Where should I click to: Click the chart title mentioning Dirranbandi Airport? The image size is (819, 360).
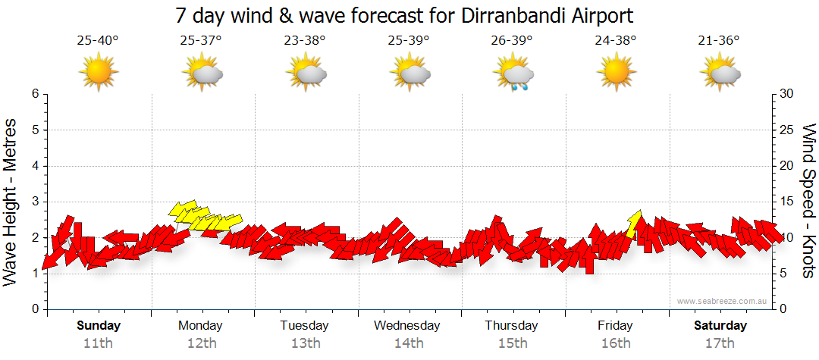coord(404,15)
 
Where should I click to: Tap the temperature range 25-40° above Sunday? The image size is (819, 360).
coord(98,41)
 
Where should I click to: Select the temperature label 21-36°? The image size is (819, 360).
coord(719,41)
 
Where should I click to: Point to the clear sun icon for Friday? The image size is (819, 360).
coord(616,72)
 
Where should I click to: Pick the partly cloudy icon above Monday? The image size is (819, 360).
coord(202,73)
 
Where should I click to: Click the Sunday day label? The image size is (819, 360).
coord(99,326)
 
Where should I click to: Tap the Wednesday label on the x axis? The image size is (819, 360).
coord(407,326)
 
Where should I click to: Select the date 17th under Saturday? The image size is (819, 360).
coord(720,343)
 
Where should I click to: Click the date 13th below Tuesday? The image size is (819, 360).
coord(305,343)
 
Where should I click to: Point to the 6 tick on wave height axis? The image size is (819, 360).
coord(34,94)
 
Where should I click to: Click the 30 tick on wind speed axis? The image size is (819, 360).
coord(788,94)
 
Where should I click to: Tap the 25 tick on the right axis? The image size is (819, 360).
coord(788,130)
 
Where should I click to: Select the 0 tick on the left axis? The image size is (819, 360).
coord(34,309)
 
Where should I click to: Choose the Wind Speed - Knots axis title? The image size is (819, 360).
coord(808,201)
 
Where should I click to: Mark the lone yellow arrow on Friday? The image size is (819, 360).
coord(634,223)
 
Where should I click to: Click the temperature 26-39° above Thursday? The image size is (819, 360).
coord(512,41)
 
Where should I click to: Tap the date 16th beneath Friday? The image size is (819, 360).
coord(616,343)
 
